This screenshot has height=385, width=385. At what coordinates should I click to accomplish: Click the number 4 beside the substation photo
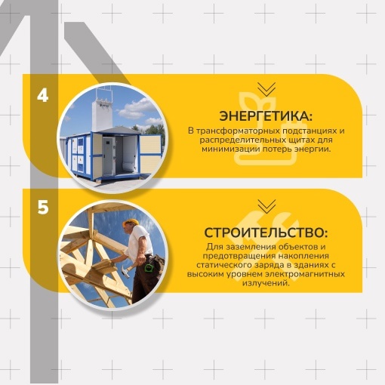(43, 96)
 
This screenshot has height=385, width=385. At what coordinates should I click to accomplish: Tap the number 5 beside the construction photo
(43, 208)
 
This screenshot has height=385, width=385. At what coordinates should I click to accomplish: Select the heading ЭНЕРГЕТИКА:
(266, 117)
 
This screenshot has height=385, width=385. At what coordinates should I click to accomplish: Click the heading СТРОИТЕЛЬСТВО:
(266, 233)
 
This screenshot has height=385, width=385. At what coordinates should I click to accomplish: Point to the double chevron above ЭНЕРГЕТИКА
(266, 89)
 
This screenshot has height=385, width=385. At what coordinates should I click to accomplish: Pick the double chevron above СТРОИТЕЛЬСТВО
(266, 206)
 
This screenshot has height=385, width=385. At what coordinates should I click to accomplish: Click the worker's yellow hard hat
(131, 223)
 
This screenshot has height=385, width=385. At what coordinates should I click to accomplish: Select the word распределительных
(239, 140)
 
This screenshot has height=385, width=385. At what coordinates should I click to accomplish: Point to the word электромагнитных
(305, 274)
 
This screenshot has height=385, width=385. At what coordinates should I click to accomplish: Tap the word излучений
(266, 283)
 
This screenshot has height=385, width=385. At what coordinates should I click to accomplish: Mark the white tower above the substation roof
(102, 113)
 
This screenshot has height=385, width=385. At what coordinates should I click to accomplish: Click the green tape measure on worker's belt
(149, 267)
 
